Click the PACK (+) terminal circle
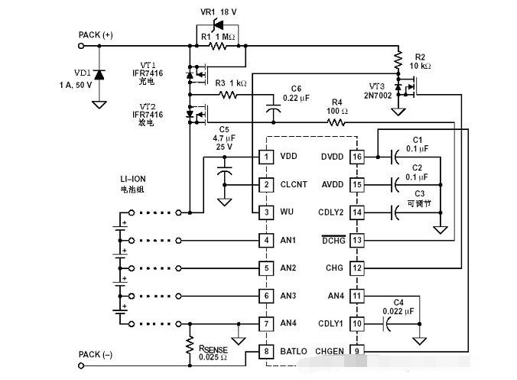coord(81,46)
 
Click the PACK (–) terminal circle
coord(81,365)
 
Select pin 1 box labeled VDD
coord(266,157)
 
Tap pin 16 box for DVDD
coord(357,157)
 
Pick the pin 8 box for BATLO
coord(266,351)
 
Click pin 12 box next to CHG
coord(357,268)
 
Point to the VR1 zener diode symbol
coord(218,24)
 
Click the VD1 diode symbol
coord(99,75)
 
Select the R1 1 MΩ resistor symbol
coord(218,46)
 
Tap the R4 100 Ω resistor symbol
coord(337,122)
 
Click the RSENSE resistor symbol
coord(190,346)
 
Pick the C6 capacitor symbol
coord(273,109)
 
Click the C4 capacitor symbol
coord(386,323)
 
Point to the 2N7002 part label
coord(378,96)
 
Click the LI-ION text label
coord(133,179)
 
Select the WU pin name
coord(287,212)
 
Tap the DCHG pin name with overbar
coord(333,240)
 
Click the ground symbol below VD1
coord(99,105)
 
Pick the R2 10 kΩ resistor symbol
coord(398,60)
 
